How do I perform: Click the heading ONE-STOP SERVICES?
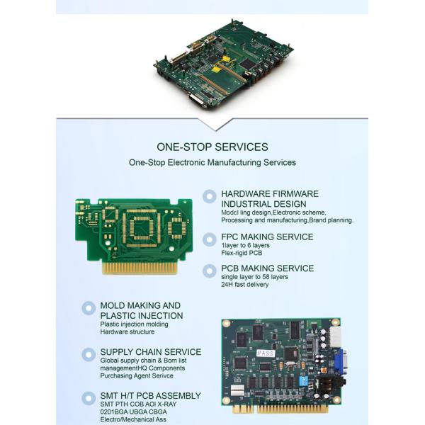click(212, 147)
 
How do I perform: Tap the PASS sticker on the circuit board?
click(266, 353)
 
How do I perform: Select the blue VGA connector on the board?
click(340, 361)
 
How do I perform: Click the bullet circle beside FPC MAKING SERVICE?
click(210, 239)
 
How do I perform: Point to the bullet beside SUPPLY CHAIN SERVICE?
click(89, 355)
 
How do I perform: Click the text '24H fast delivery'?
click(245, 285)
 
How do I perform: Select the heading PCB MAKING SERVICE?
click(268, 268)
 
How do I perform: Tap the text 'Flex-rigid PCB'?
click(242, 253)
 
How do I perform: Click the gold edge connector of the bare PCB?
click(140, 267)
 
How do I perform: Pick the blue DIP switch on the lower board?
click(303, 381)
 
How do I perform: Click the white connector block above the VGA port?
click(335, 336)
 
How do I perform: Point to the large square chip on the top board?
click(247, 64)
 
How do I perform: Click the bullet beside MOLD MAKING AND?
click(89, 308)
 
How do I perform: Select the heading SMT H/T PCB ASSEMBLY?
click(150, 396)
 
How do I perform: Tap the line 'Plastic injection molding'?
click(134, 324)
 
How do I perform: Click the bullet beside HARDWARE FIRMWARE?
click(210, 196)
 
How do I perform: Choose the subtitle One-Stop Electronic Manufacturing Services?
click(212, 162)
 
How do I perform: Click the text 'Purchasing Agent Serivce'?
click(137, 375)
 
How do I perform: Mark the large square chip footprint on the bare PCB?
click(142, 227)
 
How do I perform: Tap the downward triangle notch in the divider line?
click(216, 125)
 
